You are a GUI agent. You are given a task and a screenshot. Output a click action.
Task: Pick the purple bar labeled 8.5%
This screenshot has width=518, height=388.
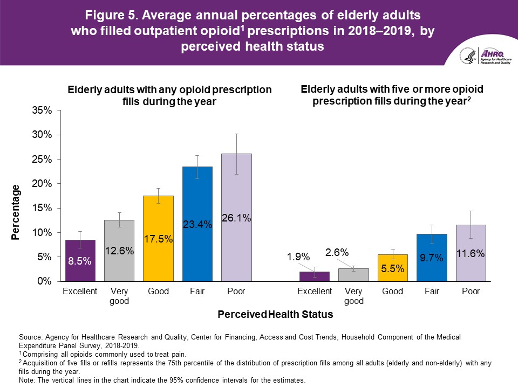(80, 260)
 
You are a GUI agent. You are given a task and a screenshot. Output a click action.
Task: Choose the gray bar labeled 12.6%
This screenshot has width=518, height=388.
(119, 251)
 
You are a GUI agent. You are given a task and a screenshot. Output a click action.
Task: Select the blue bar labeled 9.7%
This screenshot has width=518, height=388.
(432, 258)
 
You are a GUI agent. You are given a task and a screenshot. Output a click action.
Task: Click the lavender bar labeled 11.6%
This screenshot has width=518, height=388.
(471, 253)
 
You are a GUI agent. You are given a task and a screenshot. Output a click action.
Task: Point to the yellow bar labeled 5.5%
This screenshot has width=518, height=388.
(393, 268)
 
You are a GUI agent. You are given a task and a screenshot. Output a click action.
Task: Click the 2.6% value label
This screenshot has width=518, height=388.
(337, 252)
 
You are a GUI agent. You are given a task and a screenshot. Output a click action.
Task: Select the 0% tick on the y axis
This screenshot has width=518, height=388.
(44, 281)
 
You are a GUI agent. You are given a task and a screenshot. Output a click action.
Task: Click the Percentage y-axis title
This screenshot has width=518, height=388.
(16, 212)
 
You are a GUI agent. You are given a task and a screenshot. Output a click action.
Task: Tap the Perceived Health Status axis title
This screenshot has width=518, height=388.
(275, 314)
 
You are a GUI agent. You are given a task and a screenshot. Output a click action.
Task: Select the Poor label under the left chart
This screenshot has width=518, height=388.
(236, 292)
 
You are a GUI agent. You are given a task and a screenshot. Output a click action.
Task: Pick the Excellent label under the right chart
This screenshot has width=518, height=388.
(315, 292)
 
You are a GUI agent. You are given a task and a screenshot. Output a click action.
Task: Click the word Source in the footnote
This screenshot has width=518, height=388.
(30, 337)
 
